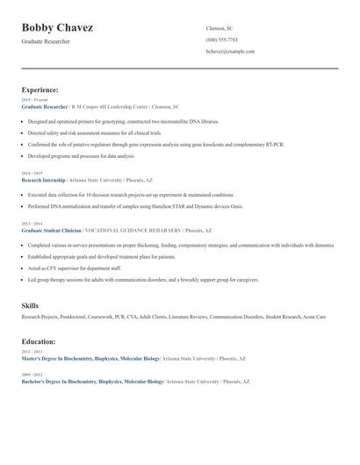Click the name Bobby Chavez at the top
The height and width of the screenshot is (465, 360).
pyautogui.click(x=57, y=28)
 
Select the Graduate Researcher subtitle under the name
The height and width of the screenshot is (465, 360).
pyautogui.click(x=46, y=41)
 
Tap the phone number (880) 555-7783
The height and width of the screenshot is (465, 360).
pyautogui.click(x=221, y=39)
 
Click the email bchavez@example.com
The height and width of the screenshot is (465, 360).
pyautogui.click(x=230, y=52)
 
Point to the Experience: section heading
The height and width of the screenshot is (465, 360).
pyautogui.click(x=40, y=89)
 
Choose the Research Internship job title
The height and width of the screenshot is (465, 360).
pyautogui.click(x=42, y=178)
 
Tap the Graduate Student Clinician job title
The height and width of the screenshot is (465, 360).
pyautogui.click(x=50, y=230)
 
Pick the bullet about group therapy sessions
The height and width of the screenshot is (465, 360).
pyautogui.click(x=143, y=280)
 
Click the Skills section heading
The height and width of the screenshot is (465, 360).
pyautogui.click(x=30, y=304)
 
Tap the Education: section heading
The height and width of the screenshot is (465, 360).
pyautogui.click(x=39, y=341)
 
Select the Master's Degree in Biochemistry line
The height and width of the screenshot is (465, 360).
pyautogui.click(x=90, y=358)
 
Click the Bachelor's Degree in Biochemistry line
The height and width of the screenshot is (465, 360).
pyautogui.click(x=92, y=382)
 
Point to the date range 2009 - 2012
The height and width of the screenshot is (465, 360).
pyautogui.click(x=30, y=375)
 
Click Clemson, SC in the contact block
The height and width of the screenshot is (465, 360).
pyautogui.click(x=219, y=28)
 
